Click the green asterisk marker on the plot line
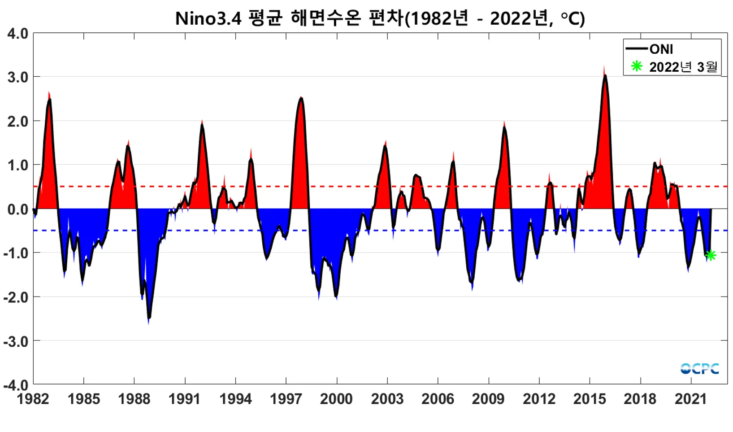tap(710, 255)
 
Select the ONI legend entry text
tap(661, 49)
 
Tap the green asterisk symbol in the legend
tap(637, 66)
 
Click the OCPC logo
tap(699, 369)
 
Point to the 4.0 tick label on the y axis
tap(18, 34)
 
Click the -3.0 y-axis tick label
tap(16, 341)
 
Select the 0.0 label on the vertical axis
tap(18, 209)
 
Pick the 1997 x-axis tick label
tap(286, 399)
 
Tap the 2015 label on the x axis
tap(590, 399)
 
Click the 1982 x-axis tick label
tap(33, 399)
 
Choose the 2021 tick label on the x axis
tap(691, 399)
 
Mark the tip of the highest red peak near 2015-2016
tap(605, 72)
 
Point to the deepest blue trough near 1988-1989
tap(149, 319)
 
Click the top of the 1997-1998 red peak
tap(301, 98)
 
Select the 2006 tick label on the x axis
tap(438, 399)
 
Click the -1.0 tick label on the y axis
tap(16, 253)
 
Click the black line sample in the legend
tap(637, 48)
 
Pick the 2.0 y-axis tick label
tap(18, 121)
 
